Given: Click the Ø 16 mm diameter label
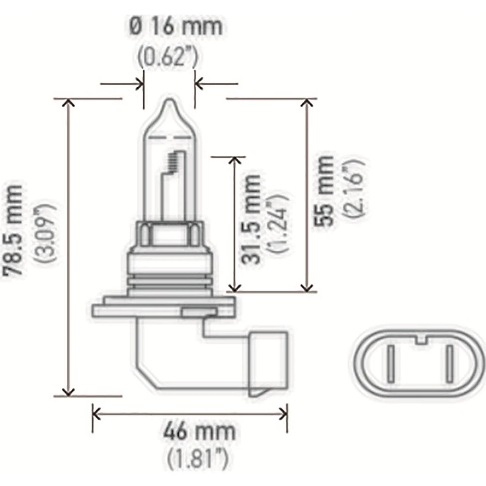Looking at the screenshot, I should pos(176,26).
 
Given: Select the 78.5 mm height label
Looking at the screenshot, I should pos(14,229).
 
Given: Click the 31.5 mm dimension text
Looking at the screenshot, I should pos(252,219).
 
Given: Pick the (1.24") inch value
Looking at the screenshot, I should pos(278,223).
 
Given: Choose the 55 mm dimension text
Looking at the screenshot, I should pos(325,190).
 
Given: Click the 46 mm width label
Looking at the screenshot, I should pos(199,431).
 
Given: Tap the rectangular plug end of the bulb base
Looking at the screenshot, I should pos(269,362).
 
